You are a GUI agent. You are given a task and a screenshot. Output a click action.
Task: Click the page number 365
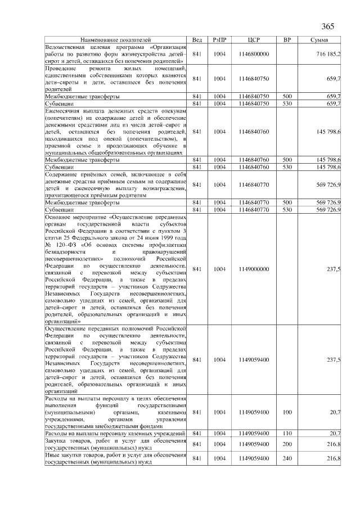click(328, 27)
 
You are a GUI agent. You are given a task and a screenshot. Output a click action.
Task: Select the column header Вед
click(197, 40)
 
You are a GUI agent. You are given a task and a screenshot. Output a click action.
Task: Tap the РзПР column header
click(219, 40)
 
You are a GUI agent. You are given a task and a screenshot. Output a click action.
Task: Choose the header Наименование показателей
click(115, 40)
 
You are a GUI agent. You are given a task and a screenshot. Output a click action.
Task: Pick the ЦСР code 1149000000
click(254, 269)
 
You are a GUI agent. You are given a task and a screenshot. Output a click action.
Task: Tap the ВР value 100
click(287, 412)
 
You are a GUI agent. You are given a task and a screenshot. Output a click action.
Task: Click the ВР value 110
click(287, 433)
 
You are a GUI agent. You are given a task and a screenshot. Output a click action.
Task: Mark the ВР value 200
click(287, 444)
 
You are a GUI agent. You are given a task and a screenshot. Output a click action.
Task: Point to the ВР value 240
click(287, 458)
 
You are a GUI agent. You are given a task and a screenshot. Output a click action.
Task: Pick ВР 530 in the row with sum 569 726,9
click(287, 209)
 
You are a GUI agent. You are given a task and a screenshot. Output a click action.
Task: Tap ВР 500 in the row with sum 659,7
click(287, 96)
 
